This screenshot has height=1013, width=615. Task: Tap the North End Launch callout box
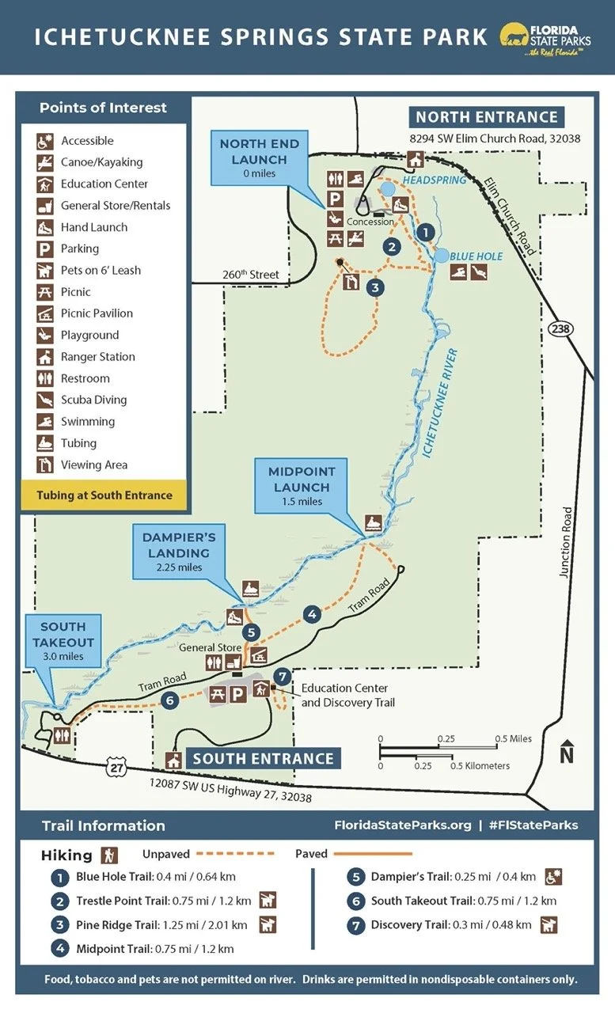(x=260, y=157)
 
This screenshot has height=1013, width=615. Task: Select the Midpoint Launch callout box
(x=302, y=485)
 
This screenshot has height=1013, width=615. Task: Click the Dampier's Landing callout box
(x=179, y=551)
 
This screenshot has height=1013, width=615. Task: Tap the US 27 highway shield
(x=116, y=766)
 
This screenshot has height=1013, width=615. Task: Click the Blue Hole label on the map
(x=476, y=256)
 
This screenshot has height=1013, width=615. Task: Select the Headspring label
(x=435, y=180)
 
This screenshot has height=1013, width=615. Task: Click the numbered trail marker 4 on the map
(x=312, y=614)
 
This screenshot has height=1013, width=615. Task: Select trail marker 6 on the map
(x=169, y=700)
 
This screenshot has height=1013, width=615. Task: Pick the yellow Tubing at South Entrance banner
(x=104, y=495)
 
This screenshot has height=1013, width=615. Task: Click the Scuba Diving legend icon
(x=45, y=400)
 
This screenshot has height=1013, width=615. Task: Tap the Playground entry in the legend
(x=89, y=335)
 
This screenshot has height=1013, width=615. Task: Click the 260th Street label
(x=250, y=275)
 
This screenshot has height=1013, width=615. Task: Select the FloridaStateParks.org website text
(x=403, y=825)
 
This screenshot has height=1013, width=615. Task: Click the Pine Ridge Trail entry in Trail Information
(x=161, y=924)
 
